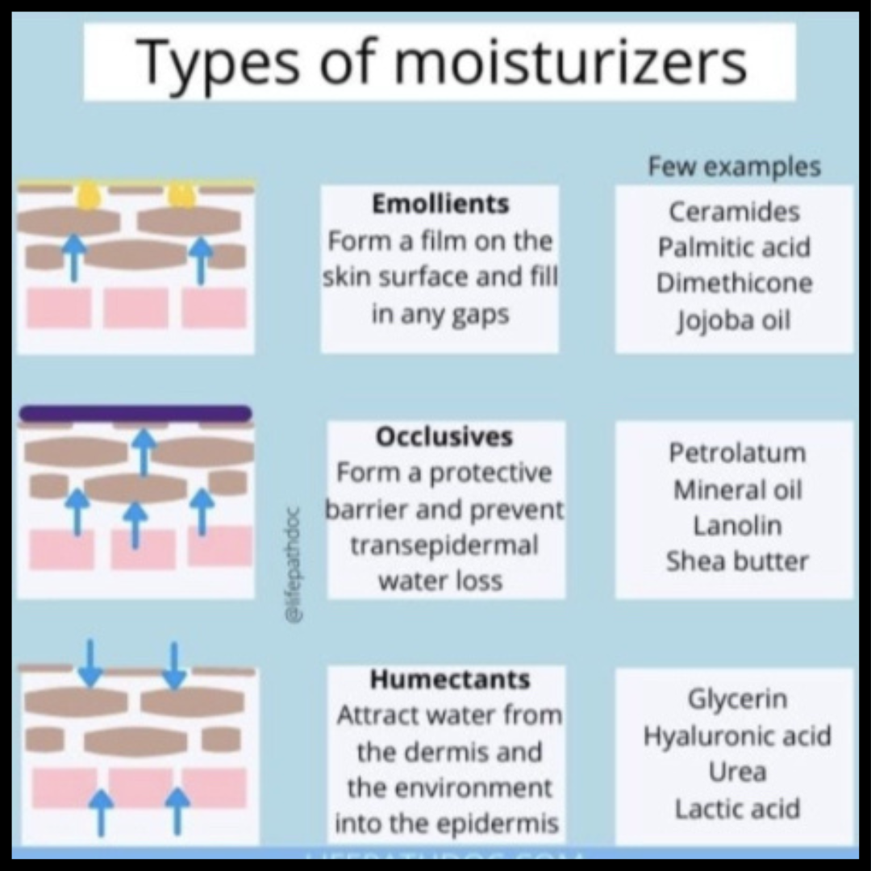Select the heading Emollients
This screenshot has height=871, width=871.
pyautogui.click(x=440, y=205)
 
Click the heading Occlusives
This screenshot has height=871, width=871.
pyautogui.click(x=444, y=437)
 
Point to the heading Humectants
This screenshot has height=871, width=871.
pyautogui.click(x=450, y=680)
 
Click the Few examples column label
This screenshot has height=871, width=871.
pyautogui.click(x=734, y=167)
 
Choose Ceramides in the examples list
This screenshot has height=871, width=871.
pyautogui.click(x=734, y=212)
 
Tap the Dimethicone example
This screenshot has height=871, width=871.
pyautogui.click(x=734, y=284)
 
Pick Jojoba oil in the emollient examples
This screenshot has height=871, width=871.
pyautogui.click(x=734, y=320)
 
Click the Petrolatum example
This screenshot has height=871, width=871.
pyautogui.click(x=737, y=453)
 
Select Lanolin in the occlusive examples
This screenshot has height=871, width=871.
pyautogui.click(x=737, y=526)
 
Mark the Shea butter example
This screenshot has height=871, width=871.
pyautogui.click(x=737, y=561)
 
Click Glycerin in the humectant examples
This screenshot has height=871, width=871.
pyautogui.click(x=737, y=699)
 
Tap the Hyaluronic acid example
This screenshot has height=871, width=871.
pyautogui.click(x=737, y=736)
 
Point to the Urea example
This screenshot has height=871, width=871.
pyautogui.click(x=737, y=772)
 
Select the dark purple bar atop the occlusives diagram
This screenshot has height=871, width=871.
pyautogui.click(x=135, y=414)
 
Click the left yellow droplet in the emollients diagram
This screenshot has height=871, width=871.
pyautogui.click(x=88, y=195)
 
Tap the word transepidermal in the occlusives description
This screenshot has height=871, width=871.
pyautogui.click(x=444, y=546)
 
